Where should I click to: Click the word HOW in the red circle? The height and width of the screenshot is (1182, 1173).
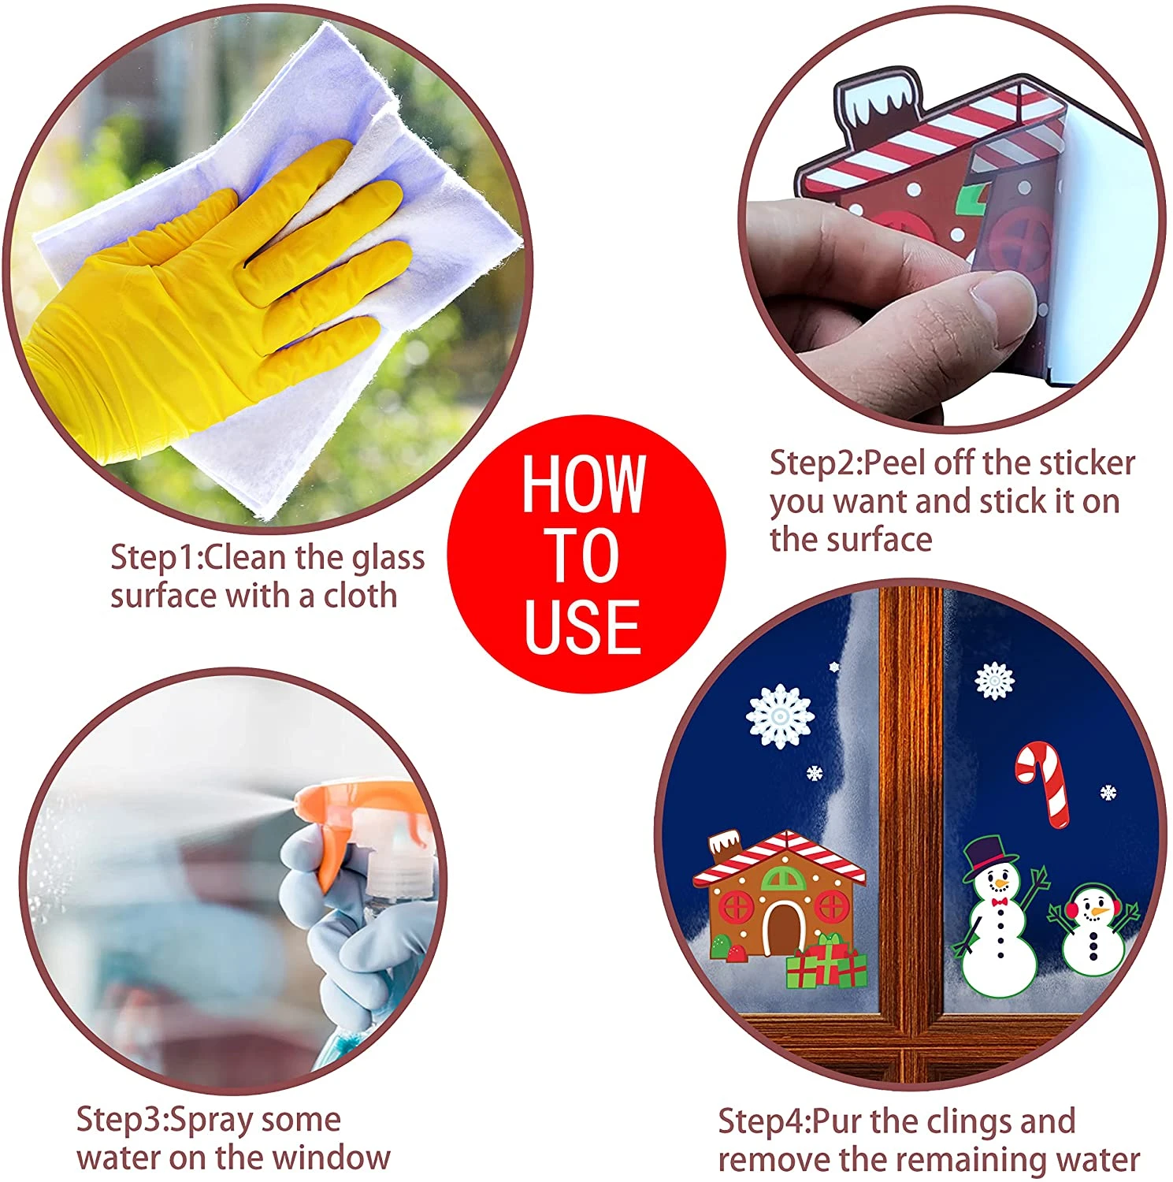tap(584, 484)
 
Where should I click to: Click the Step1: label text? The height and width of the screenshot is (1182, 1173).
tap(156, 557)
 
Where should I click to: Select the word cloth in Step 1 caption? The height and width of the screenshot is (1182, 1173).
tap(360, 596)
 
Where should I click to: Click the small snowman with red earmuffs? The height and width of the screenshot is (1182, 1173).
tap(1093, 930)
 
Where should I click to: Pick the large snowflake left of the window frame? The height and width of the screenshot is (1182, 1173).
tap(779, 716)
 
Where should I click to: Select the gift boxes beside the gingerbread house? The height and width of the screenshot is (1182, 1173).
tap(827, 963)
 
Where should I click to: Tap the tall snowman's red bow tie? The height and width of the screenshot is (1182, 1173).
tap(1000, 901)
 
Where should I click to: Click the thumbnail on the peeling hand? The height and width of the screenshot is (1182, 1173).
tap(1000, 295)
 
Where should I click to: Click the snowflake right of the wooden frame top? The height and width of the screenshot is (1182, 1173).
tap(994, 680)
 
